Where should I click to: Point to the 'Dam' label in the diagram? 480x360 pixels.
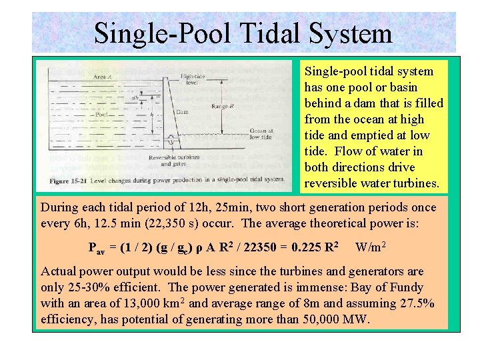(181, 112)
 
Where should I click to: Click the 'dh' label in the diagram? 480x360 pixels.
(134, 98)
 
